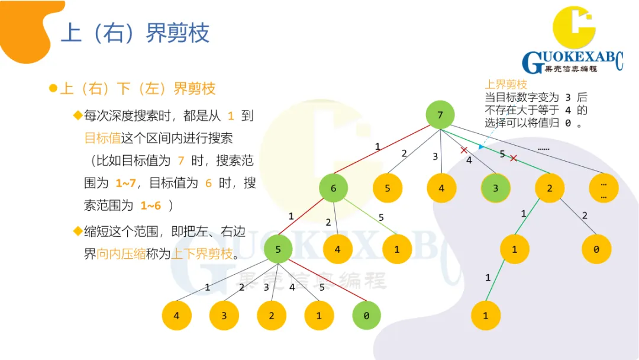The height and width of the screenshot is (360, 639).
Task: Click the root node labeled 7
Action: click(440, 115)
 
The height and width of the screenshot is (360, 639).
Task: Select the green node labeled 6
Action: click(333, 189)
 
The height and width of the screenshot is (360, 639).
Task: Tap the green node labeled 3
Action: click(496, 189)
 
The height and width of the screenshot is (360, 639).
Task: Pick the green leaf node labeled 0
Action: click(366, 316)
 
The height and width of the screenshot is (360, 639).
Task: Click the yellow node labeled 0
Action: click(596, 249)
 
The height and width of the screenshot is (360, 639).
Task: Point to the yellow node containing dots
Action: click(603, 189)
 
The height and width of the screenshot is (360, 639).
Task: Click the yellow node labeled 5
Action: click(388, 189)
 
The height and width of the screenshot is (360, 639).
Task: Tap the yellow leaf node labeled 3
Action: click(224, 316)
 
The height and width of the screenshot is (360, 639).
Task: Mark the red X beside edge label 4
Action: click(464, 150)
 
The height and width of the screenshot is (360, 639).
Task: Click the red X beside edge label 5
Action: click(514, 158)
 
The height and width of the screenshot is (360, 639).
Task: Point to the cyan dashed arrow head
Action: click(482, 147)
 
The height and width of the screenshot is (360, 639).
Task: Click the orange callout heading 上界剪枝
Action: click(506, 85)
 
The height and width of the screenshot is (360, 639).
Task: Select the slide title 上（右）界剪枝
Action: click(135, 33)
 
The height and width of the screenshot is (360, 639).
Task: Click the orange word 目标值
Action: click(102, 138)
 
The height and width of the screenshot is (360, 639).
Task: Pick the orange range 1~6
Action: click(150, 205)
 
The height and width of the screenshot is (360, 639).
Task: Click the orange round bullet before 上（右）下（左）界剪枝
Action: click(53, 89)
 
